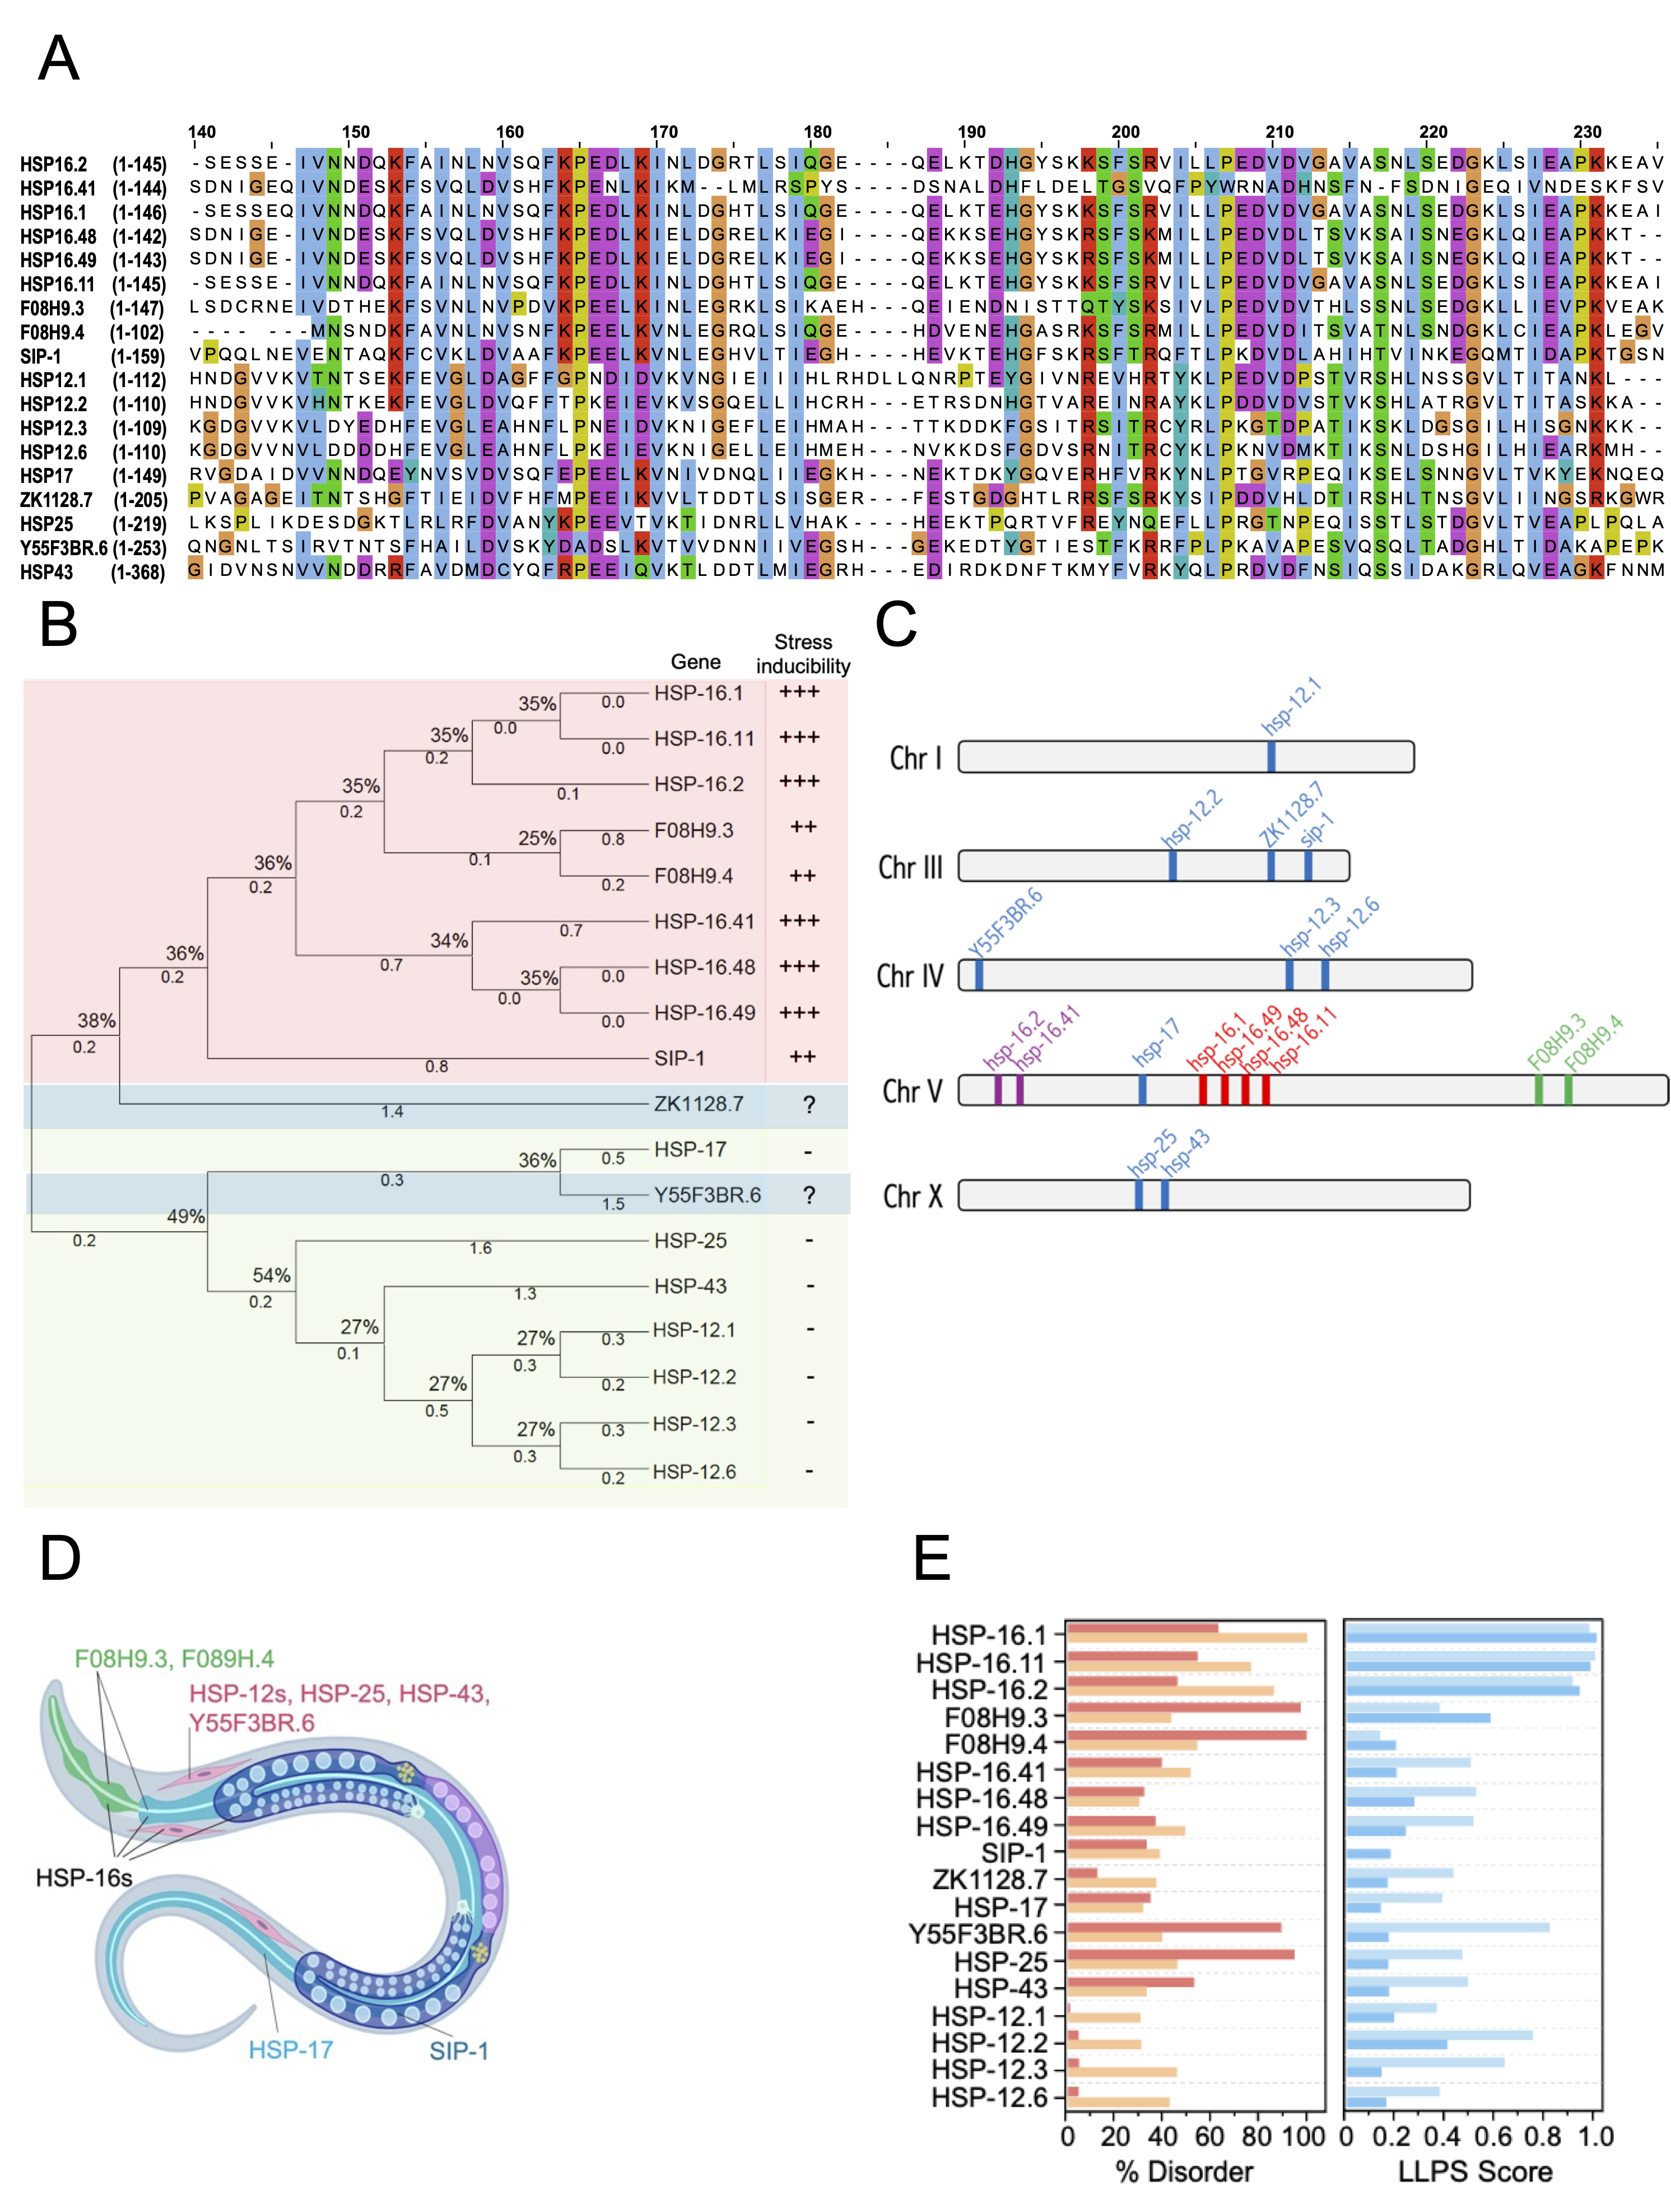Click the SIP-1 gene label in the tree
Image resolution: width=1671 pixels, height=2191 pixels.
tap(679, 1058)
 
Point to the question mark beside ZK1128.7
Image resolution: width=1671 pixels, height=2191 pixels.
tap(809, 1105)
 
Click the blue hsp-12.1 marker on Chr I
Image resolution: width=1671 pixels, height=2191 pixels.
tap(1271, 757)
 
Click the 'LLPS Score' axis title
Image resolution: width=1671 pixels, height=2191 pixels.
tap(1475, 2171)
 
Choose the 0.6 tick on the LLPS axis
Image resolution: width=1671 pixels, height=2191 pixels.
tap(1495, 2136)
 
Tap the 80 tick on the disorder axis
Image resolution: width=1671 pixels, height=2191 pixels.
tap(1257, 2136)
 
